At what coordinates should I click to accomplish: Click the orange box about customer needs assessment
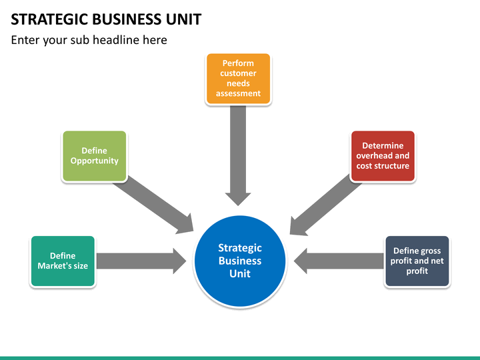(238, 79)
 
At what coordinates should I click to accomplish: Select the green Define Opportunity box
(94, 156)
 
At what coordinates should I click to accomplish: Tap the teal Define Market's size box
(63, 261)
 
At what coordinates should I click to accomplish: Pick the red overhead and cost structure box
(383, 156)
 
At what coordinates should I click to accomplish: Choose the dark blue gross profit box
(417, 261)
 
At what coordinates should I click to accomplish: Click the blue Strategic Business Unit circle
(240, 261)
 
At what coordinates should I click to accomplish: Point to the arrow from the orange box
(238, 156)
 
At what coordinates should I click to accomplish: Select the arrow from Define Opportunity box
(153, 205)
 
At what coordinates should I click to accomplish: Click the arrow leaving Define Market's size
(141, 261)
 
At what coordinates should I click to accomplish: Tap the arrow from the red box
(326, 205)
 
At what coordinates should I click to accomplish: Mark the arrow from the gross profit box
(339, 261)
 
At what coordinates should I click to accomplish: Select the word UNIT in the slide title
(184, 19)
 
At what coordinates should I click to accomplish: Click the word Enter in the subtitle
(25, 40)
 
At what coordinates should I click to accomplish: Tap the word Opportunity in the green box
(94, 161)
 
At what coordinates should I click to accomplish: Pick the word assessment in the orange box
(238, 93)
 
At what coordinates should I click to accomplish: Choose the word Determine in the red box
(383, 145)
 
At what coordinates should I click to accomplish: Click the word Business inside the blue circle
(240, 261)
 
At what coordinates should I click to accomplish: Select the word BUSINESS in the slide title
(127, 19)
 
